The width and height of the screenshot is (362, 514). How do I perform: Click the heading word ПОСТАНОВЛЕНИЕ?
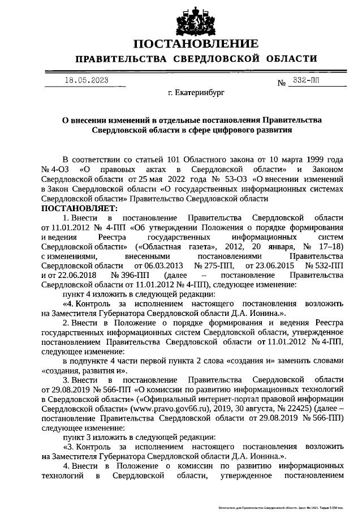196,44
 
